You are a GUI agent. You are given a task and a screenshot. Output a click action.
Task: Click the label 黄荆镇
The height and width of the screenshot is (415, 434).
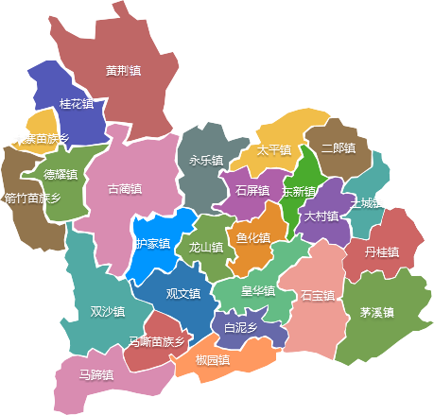[x=124, y=70]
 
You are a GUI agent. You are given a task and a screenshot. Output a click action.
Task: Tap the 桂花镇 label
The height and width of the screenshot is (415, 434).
[x=77, y=103]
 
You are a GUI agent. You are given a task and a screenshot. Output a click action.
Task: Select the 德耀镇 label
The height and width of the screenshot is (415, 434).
[x=61, y=174]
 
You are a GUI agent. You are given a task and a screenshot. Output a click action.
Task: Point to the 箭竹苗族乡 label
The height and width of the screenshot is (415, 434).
[x=32, y=199]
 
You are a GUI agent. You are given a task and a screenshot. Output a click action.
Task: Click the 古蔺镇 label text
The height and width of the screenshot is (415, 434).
[x=126, y=188]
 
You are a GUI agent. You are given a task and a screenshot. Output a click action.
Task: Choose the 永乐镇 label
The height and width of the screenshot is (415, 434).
[x=206, y=161]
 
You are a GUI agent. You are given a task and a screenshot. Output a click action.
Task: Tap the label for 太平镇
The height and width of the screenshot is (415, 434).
[x=274, y=149]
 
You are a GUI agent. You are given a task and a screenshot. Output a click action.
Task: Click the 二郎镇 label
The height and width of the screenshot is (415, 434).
[x=338, y=148]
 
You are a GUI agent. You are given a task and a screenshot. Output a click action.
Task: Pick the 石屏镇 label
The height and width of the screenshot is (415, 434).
[x=252, y=191]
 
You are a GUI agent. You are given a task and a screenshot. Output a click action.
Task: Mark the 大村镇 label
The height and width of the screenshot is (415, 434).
[x=321, y=216]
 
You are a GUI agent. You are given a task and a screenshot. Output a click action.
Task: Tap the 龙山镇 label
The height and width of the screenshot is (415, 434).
[x=206, y=248]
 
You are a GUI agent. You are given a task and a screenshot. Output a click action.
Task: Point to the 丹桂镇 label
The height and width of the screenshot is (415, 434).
[x=381, y=251]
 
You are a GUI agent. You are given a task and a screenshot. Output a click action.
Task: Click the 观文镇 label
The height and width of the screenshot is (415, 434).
[x=183, y=293]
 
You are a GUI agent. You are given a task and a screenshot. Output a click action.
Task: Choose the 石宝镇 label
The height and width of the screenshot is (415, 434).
[x=318, y=295]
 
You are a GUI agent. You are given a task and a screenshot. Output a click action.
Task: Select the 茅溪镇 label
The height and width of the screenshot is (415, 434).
[x=376, y=311]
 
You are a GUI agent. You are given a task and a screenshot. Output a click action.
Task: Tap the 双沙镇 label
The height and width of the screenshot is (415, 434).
[x=107, y=311]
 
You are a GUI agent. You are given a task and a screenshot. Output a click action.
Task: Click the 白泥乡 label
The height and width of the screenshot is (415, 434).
[x=240, y=327]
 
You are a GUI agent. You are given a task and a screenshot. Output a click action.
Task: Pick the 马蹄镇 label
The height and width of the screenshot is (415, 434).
[x=95, y=374]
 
